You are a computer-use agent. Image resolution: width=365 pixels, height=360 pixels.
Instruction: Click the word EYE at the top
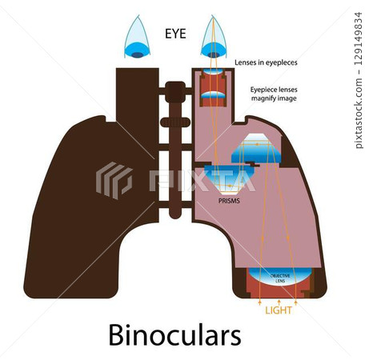pos(176,34)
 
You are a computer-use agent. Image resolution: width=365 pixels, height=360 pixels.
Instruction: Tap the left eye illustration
pos(139,40)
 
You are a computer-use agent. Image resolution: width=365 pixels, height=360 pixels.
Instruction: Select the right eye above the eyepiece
pos(213,40)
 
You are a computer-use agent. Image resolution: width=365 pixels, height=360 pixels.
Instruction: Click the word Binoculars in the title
pos(174,334)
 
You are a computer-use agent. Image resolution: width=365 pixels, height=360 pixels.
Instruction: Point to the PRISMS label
pos(228,202)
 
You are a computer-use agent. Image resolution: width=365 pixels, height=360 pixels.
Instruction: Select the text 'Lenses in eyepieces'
pos(267,62)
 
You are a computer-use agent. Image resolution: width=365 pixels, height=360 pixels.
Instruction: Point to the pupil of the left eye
pos(139,54)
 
